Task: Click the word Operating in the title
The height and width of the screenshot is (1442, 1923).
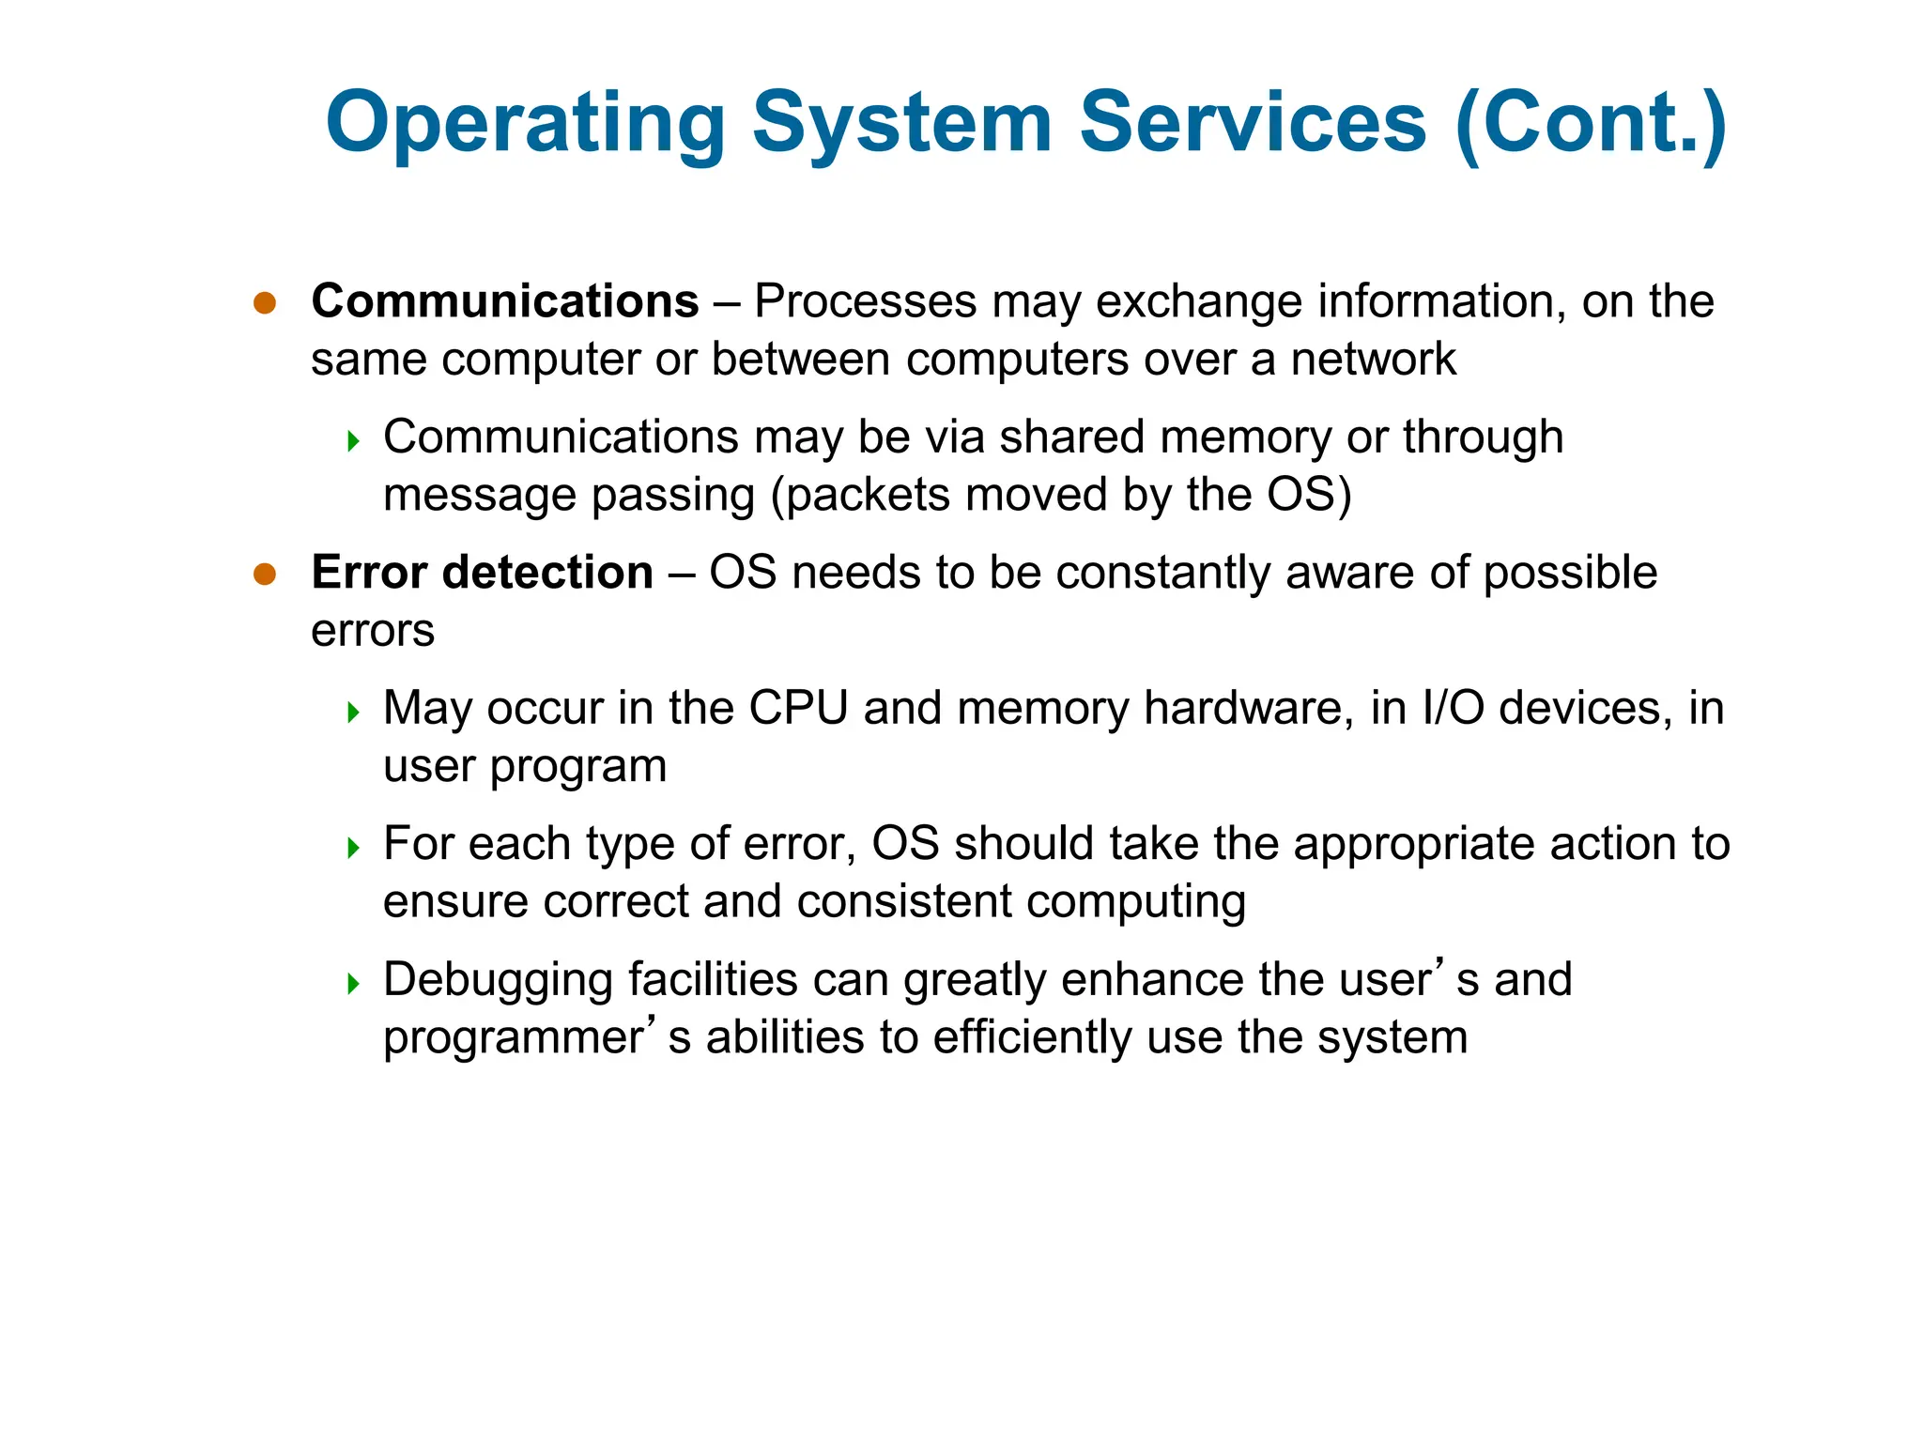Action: (526, 123)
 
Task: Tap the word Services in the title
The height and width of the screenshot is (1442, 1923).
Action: (1253, 123)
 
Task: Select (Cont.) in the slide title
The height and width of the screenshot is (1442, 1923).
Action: (1591, 123)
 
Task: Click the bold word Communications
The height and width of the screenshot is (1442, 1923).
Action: (505, 301)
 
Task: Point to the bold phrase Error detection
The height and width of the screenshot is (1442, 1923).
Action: (482, 573)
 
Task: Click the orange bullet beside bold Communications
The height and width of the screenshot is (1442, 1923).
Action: (265, 302)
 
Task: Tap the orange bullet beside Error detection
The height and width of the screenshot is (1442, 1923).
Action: (265, 574)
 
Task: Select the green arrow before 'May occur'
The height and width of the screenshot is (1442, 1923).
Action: (353, 713)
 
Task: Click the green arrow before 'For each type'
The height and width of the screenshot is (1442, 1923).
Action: (353, 849)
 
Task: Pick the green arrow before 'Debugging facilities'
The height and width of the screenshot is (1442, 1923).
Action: (353, 984)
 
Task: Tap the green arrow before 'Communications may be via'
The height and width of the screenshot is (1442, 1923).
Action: (353, 441)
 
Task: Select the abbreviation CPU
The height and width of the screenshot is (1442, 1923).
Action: (798, 708)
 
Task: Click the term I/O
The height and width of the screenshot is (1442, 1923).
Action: (1453, 708)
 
